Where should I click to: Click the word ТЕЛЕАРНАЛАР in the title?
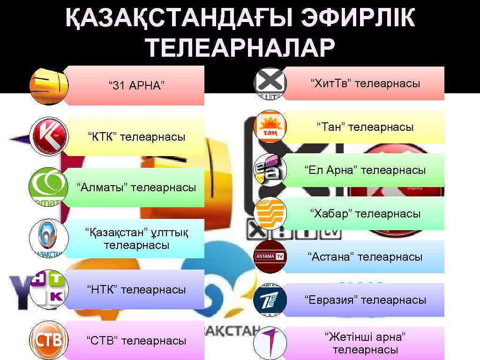pyautogui.click(x=240, y=48)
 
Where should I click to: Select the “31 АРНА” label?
pyautogui.click(x=136, y=86)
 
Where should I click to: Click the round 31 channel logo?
pyautogui.click(x=49, y=86)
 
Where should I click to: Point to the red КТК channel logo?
pyautogui.click(x=49, y=136)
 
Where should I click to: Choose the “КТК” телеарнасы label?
pyautogui.click(x=136, y=137)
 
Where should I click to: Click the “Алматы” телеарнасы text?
pyautogui.click(x=136, y=187)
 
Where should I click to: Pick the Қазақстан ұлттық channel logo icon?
pyautogui.click(x=49, y=238)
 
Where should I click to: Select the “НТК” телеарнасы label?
pyautogui.click(x=136, y=290)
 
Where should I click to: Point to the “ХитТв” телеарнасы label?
pyautogui.click(x=365, y=83)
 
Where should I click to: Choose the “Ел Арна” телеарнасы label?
pyautogui.click(x=365, y=170)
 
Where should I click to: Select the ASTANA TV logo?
pyautogui.click(x=270, y=256)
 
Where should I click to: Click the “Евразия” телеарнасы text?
pyautogui.click(x=365, y=300)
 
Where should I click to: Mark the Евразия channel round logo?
pyautogui.click(x=270, y=300)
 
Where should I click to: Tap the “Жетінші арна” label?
pyautogui.click(x=365, y=343)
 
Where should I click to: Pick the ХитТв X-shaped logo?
pyautogui.click(x=270, y=83)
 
